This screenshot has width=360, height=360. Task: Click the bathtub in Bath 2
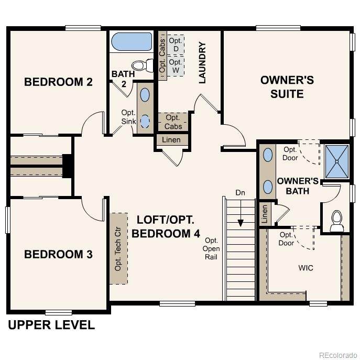click(x=132, y=41)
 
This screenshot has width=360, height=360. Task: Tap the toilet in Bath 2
click(x=143, y=65)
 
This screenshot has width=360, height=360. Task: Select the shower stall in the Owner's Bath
click(x=337, y=161)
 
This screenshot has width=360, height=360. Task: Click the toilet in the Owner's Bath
click(x=337, y=221)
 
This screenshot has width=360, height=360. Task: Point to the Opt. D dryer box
click(x=176, y=45)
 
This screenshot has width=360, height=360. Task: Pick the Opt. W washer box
click(x=176, y=66)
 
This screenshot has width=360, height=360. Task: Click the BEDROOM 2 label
click(x=58, y=82)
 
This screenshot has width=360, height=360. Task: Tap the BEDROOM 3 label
click(x=58, y=254)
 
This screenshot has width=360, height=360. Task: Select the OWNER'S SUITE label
click(x=287, y=87)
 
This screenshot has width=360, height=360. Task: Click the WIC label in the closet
click(x=306, y=268)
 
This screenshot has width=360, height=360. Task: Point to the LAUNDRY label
click(x=202, y=62)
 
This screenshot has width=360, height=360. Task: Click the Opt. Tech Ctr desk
click(x=118, y=249)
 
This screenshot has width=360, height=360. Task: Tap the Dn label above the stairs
click(x=240, y=193)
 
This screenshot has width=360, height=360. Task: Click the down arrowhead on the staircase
click(x=241, y=223)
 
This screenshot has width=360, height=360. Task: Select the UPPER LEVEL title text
click(x=51, y=325)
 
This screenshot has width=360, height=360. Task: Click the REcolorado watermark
click(x=338, y=355)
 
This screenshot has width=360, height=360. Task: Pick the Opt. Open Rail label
click(x=211, y=249)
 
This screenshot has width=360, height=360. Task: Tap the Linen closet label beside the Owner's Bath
click(x=265, y=214)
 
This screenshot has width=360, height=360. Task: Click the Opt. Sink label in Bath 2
click(x=128, y=117)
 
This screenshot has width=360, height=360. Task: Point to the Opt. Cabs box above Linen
click(x=173, y=122)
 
